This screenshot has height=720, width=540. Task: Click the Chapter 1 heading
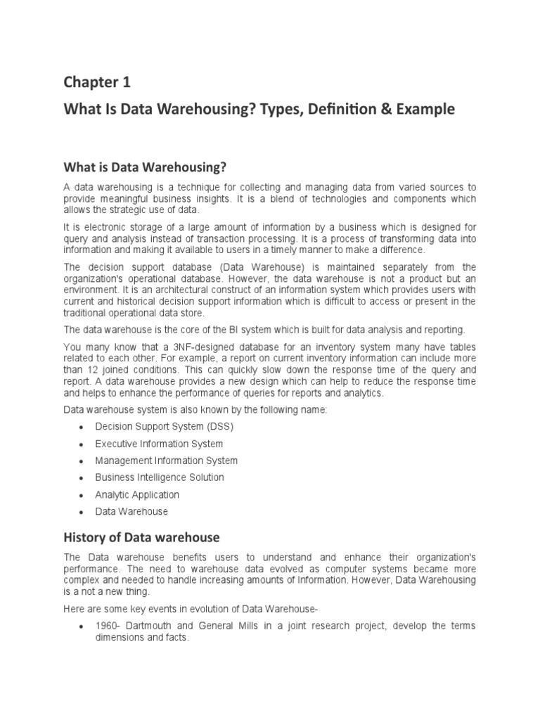point(97,83)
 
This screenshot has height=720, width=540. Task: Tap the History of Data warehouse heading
point(142,537)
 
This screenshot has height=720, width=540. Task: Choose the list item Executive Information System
point(159,444)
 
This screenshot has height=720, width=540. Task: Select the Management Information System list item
point(167,461)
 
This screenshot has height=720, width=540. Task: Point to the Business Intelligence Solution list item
point(160,477)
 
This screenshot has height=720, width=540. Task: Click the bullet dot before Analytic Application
point(82,495)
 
